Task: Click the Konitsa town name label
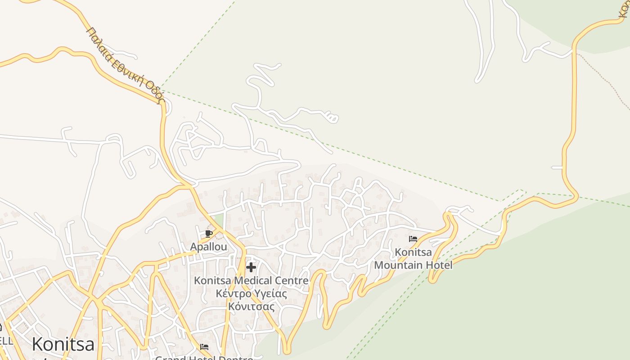(63, 345)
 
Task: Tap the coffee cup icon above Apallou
(208, 234)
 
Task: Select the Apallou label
(208, 247)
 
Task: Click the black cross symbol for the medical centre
(251, 268)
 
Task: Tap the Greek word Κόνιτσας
(251, 307)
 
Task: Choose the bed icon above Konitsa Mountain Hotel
(413, 239)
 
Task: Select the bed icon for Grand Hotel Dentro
(204, 347)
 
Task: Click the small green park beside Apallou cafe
(218, 220)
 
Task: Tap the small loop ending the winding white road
(333, 118)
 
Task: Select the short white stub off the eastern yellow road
(557, 167)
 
